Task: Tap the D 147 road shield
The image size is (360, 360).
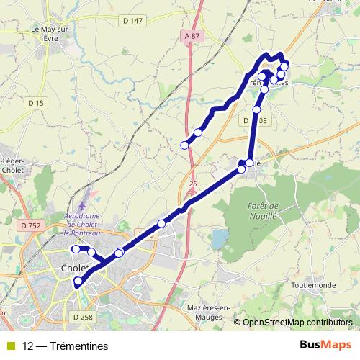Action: (x=132, y=21)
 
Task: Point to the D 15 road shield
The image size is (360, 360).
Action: (x=36, y=104)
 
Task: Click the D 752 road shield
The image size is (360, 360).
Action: (x=31, y=226)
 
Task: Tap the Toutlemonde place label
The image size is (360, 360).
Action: (x=314, y=285)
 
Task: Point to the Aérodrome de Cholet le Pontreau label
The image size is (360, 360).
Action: (x=81, y=223)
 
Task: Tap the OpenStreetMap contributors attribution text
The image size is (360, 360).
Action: (x=297, y=323)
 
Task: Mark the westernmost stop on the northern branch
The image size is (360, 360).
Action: (x=184, y=145)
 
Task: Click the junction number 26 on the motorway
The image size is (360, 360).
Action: (x=193, y=184)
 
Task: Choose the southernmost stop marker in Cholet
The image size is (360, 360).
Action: (x=78, y=291)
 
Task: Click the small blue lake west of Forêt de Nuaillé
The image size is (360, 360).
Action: (x=217, y=238)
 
